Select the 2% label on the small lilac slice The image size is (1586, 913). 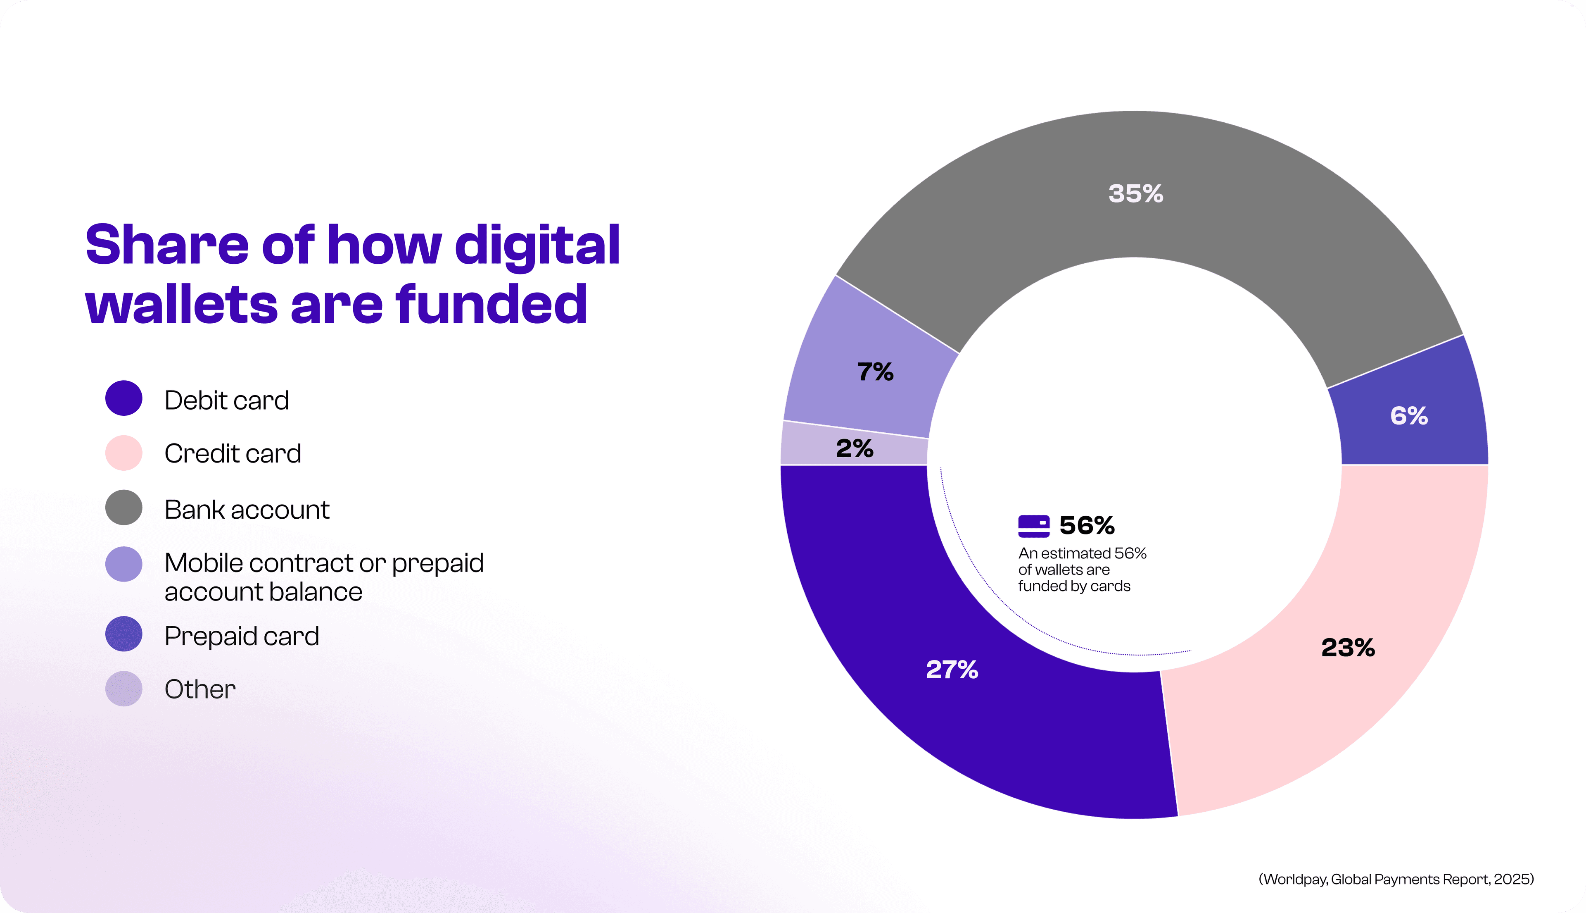[x=854, y=448]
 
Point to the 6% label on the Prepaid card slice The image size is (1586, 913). [x=1409, y=416]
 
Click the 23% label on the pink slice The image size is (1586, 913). [x=1348, y=648]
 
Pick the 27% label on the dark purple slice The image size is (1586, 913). [x=952, y=670]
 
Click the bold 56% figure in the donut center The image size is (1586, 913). [x=1087, y=525]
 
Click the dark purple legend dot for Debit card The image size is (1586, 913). [x=123, y=398]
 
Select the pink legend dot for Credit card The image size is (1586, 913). [x=123, y=453]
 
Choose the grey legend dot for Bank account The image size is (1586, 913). [x=123, y=507]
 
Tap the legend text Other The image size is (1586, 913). [x=200, y=689]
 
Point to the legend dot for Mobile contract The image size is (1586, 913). [x=123, y=564]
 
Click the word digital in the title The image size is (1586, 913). [x=537, y=246]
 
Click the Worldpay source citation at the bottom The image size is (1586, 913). [x=1396, y=879]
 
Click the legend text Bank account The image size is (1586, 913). [x=246, y=509]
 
